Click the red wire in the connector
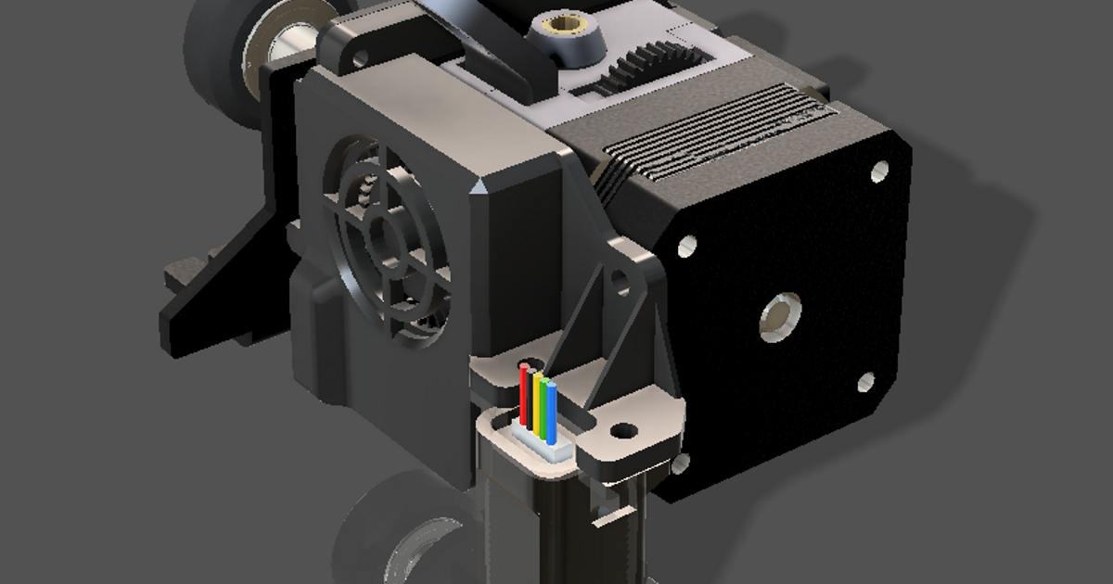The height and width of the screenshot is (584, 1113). [x=524, y=394]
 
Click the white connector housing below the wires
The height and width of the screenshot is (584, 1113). [x=543, y=443]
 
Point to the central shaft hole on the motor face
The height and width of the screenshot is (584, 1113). [x=781, y=316]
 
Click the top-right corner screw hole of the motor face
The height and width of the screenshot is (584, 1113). [x=879, y=171]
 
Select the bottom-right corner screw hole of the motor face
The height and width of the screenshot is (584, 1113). [x=864, y=381]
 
